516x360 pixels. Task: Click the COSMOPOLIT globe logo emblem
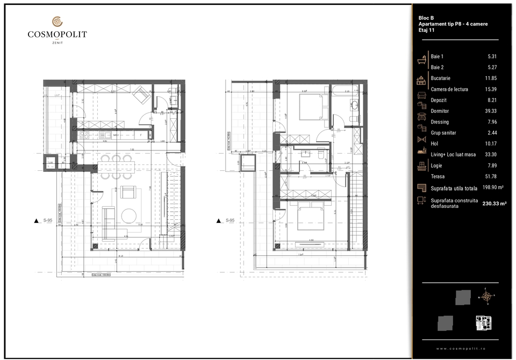pyautogui.click(x=57, y=22)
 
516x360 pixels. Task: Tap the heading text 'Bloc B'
pyautogui.click(x=426, y=18)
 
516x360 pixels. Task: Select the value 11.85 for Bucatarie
pyautogui.click(x=490, y=78)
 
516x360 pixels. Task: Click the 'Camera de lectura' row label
pyautogui.click(x=449, y=89)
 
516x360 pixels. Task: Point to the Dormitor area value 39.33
pyautogui.click(x=490, y=111)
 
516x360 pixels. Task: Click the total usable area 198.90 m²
pyautogui.click(x=492, y=188)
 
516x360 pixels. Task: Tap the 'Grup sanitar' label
pyautogui.click(x=443, y=133)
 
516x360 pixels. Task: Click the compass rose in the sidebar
pyautogui.click(x=487, y=296)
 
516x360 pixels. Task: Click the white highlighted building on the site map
pyautogui.click(x=483, y=322)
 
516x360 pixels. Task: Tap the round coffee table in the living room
pyautogui.click(x=129, y=215)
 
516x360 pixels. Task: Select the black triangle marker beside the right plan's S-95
pyautogui.click(x=219, y=221)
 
